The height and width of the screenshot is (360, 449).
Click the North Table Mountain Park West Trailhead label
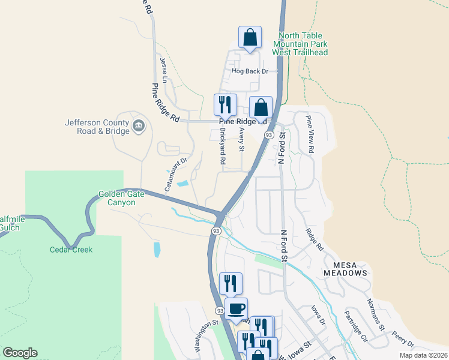[300, 44]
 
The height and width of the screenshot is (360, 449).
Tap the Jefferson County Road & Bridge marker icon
[139, 126]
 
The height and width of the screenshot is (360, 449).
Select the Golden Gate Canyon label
[125, 198]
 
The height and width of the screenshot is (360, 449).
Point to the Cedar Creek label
[71, 250]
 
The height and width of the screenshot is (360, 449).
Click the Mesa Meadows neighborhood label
[345, 268]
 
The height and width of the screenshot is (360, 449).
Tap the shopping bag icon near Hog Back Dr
[250, 37]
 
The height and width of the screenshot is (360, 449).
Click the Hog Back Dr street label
[249, 71]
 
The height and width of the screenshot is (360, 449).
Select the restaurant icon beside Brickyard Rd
[225, 104]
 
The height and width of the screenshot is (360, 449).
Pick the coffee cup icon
[237, 308]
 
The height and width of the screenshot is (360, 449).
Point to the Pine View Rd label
[310, 134]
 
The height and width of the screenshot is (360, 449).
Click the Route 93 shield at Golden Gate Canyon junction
[216, 231]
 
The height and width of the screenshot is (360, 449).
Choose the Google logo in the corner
[20, 353]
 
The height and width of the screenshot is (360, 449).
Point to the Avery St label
[242, 139]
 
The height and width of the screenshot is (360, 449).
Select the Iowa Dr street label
[318, 316]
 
